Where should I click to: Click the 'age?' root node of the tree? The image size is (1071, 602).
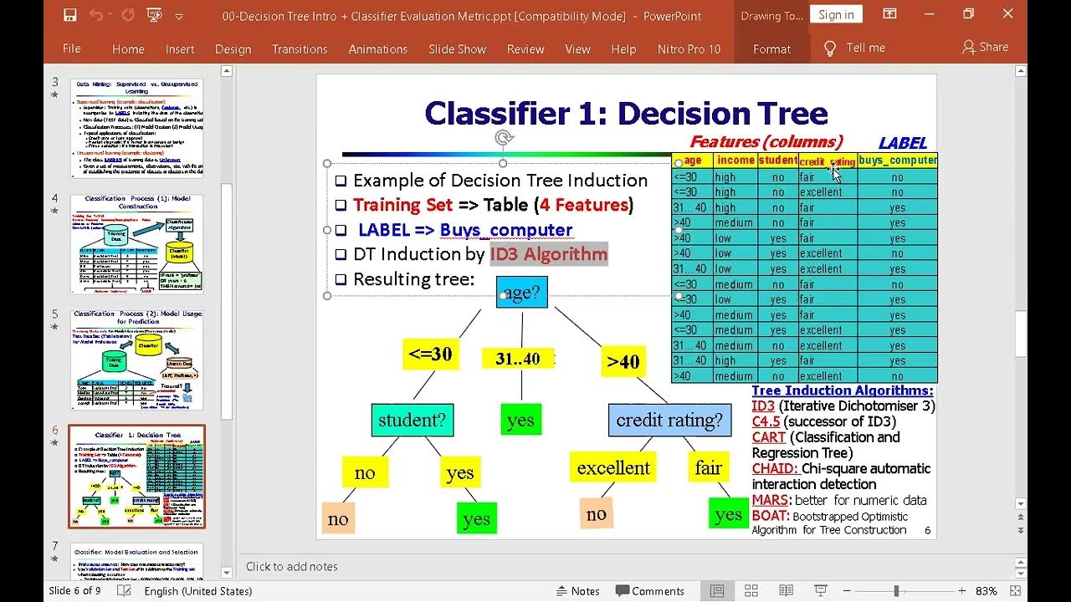tap(522, 292)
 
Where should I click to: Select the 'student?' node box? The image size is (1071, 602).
tap(412, 420)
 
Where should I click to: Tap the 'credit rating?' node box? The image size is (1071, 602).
tap(669, 420)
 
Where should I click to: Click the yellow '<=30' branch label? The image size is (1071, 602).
tap(430, 354)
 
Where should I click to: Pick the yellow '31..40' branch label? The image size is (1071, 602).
tap(518, 359)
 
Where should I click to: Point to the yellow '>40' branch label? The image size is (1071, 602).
tap(623, 361)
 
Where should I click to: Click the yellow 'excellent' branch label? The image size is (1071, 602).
tap(613, 467)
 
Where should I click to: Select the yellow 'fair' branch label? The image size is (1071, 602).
tap(708, 467)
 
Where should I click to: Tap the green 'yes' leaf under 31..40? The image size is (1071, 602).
tap(520, 420)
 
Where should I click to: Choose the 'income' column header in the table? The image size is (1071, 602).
tap(735, 161)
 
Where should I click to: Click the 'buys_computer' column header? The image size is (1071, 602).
tap(897, 161)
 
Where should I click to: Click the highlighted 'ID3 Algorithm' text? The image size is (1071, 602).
tap(549, 254)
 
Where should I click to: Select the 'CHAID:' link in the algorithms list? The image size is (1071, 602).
tap(775, 468)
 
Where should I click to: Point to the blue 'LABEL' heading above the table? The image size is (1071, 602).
tap(902, 143)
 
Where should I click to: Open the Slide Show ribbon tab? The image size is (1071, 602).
tap(457, 49)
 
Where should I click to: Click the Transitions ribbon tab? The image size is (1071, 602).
tap(300, 49)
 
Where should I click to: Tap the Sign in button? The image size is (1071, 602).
tap(836, 14)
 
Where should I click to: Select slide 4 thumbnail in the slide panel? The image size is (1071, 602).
tap(136, 243)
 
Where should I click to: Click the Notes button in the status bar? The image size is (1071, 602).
tap(578, 591)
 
